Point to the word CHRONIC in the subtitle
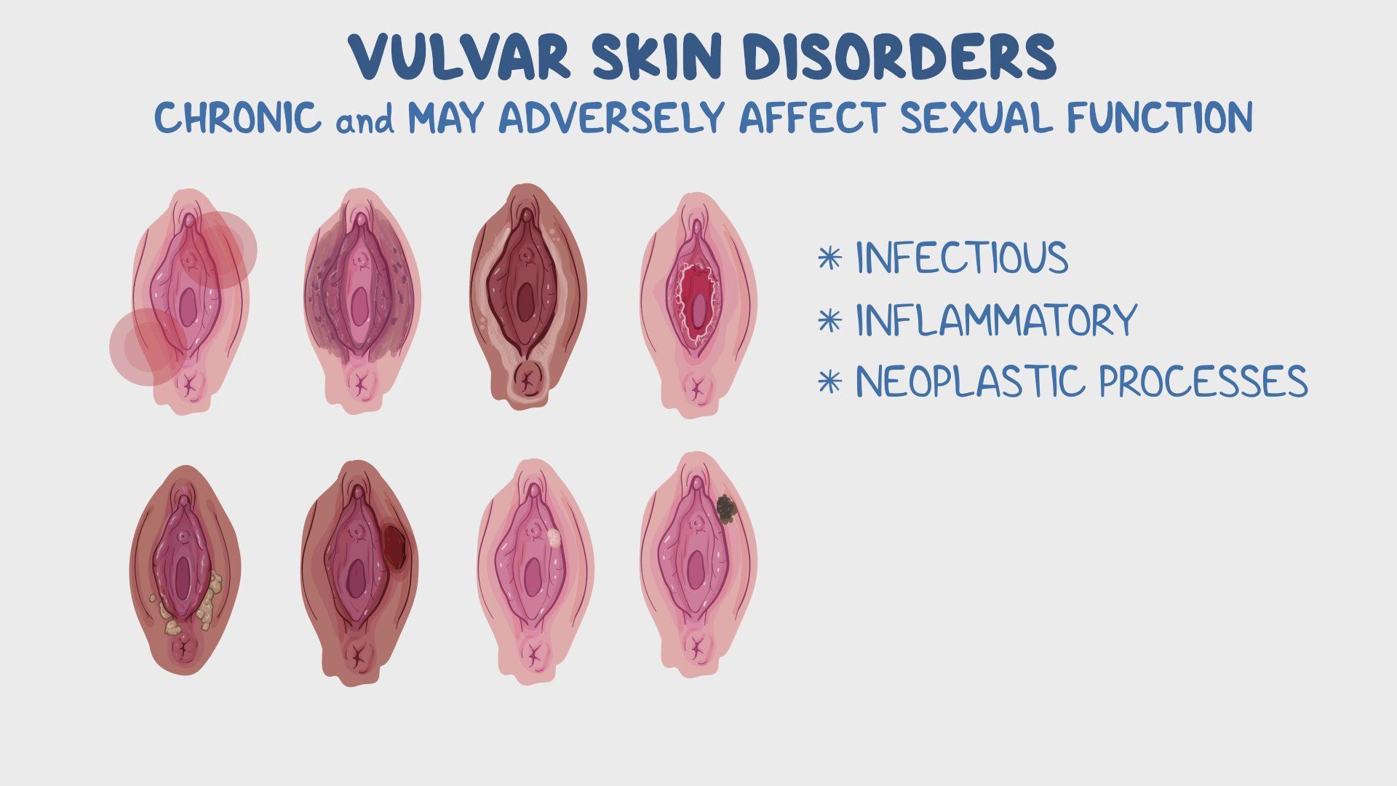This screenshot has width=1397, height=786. coord(238,117)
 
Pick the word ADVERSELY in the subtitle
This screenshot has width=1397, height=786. coord(612,117)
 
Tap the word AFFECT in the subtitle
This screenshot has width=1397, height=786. coord(813,117)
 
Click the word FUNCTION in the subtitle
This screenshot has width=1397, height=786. coord(1160,117)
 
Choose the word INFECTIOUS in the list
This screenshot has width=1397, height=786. coord(961,258)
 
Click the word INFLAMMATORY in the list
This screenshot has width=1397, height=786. coord(995,320)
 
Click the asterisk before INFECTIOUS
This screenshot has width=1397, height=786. coord(829,258)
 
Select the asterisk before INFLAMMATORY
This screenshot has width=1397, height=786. coord(829,321)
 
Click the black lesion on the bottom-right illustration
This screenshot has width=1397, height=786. coord(726,509)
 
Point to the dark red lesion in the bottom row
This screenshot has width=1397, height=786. coord(394,547)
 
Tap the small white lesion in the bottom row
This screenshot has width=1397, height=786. coord(554,538)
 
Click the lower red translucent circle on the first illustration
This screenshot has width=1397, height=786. coord(146,346)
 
